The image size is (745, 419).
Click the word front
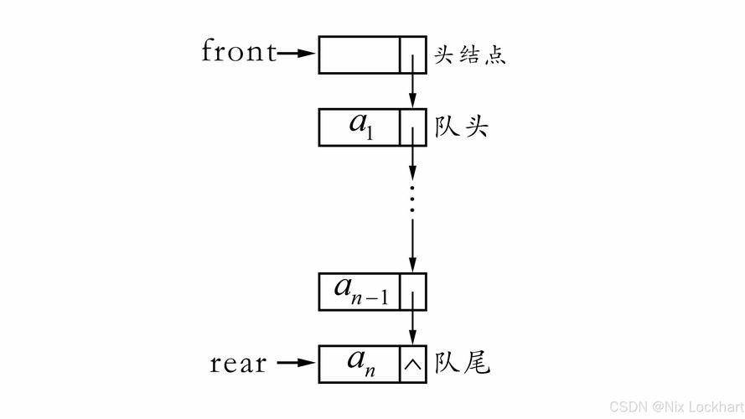(239, 52)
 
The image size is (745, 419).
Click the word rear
(238, 364)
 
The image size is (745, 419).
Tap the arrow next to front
(295, 54)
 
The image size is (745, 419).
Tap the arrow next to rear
(295, 364)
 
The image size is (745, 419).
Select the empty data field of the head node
(359, 54)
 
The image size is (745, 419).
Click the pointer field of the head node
(412, 54)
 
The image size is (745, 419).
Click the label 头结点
(470, 55)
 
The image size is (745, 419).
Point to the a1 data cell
(359, 127)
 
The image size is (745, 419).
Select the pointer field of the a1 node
(412, 127)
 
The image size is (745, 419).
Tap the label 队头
(462, 127)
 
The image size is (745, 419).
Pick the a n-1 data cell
(359, 291)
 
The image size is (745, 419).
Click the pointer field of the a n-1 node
(412, 291)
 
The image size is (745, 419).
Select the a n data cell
(359, 364)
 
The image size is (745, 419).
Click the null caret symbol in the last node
(412, 365)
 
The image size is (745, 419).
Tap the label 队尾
(462, 364)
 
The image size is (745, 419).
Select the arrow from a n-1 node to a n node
(412, 327)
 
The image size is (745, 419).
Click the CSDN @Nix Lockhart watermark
(675, 407)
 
